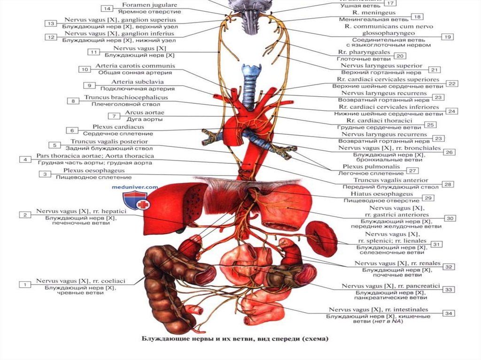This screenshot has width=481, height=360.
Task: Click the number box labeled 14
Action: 107,9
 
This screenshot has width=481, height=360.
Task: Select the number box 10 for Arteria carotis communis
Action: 85,69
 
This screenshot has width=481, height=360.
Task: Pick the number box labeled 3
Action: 45,174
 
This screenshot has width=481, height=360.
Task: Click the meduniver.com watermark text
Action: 135,186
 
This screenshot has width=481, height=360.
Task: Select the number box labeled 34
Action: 449,314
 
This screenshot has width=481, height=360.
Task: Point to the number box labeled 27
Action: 413,171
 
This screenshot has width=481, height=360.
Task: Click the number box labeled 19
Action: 448,37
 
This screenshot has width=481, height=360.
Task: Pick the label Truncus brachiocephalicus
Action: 126,98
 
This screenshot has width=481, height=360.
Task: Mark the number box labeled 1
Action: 23,284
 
